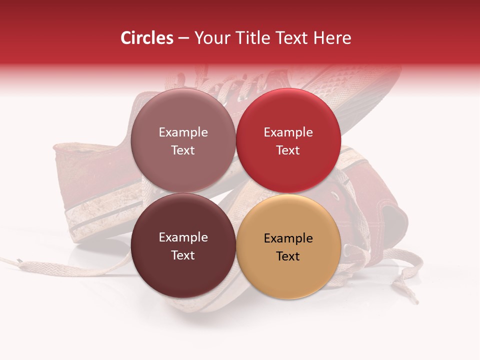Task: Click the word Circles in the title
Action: tap(146, 38)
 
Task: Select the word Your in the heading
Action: tap(210, 38)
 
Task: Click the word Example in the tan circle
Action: tap(288, 238)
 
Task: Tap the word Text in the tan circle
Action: tap(288, 256)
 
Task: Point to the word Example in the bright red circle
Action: tap(288, 132)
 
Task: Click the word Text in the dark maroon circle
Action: tap(183, 255)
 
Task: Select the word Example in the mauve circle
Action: tap(183, 132)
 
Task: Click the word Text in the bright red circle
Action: tap(288, 150)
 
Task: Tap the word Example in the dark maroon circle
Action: tap(183, 237)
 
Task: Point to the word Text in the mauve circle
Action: tap(183, 150)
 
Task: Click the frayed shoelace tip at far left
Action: tap(18, 261)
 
